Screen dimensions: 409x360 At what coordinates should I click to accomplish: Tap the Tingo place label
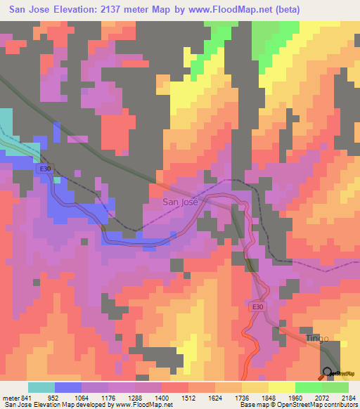pos(317,339)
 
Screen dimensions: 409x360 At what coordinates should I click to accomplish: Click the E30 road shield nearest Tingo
pos(259,306)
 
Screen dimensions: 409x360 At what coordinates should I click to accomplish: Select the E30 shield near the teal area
pos(46,169)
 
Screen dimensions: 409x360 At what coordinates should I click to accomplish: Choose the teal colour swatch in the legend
pos(41,387)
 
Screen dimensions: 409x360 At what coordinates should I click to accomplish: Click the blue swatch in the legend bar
pos(68,387)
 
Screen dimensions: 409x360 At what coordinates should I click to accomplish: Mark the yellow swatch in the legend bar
pos(281,387)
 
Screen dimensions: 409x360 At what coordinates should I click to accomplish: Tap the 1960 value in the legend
pos(295,397)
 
